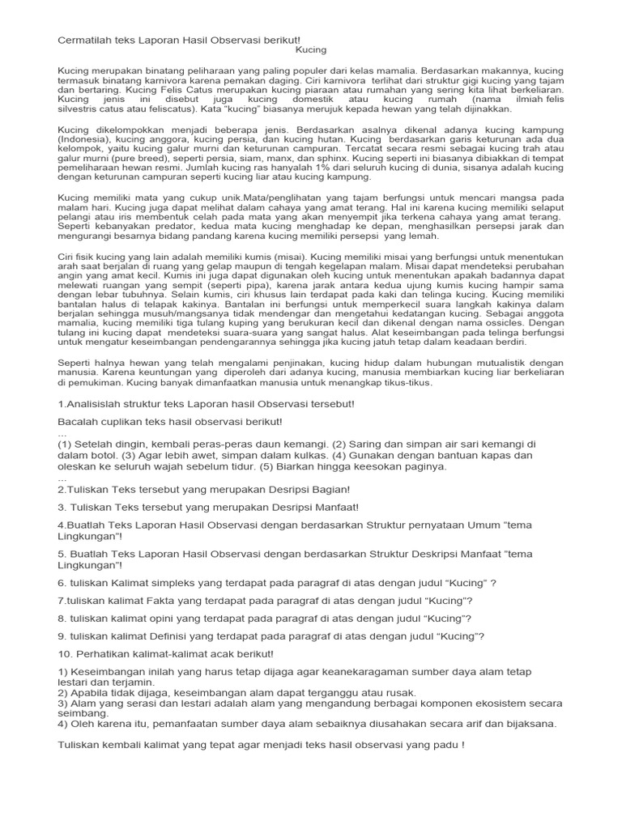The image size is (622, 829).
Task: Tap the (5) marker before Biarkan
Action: pos(267,466)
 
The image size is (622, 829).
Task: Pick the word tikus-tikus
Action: pos(408,383)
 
